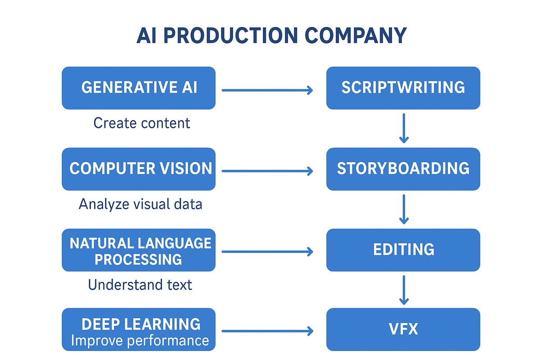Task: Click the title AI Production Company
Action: point(271,36)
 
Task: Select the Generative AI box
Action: point(139,88)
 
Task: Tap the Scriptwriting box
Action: point(403,88)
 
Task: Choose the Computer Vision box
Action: point(139,169)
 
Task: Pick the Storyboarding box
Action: point(403,169)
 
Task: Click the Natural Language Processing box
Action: point(139,250)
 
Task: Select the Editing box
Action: point(403,250)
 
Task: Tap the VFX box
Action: point(403,329)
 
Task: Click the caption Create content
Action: point(142,123)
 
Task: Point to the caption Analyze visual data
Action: point(140,204)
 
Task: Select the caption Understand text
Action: point(140,285)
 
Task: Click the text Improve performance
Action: point(139,341)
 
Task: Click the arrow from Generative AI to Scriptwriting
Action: point(267,90)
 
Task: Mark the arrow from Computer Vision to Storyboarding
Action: point(267,171)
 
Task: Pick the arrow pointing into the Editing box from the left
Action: point(267,252)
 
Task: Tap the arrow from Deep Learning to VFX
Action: point(267,332)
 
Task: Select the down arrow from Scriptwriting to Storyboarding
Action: point(404,128)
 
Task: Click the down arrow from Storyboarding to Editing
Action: point(404,209)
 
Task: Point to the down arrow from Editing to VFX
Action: point(404,290)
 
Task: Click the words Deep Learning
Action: point(141,324)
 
